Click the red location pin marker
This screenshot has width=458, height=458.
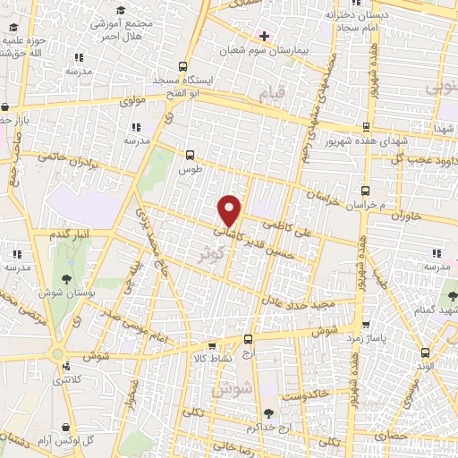[231, 209]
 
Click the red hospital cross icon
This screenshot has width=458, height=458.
[264, 36]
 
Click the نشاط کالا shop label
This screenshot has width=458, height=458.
[212, 358]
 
